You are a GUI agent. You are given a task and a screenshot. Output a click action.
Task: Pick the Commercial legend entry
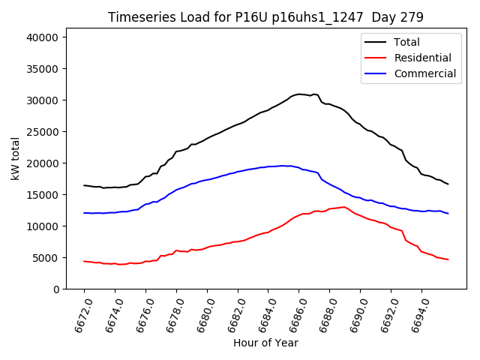pyautogui.click(x=424, y=73)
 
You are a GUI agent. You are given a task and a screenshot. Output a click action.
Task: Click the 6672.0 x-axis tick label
pyautogui.click(x=77, y=314)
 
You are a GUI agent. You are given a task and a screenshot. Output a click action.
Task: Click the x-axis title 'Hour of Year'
pyautogui.click(x=265, y=343)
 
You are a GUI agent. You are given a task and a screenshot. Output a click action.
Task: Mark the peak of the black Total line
pyautogui.click(x=299, y=94)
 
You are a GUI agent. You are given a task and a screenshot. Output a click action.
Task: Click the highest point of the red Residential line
pyautogui.click(x=344, y=207)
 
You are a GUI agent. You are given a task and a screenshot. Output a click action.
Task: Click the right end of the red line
pyautogui.click(x=448, y=259)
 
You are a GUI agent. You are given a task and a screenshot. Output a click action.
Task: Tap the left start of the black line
pyautogui.click(x=84, y=185)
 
